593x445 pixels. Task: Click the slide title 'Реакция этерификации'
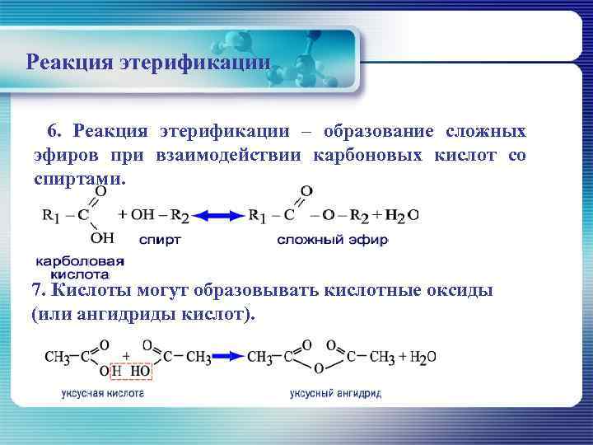[x=148, y=63]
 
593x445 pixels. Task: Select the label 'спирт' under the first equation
[x=160, y=241]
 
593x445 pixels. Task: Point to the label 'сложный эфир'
[x=331, y=241]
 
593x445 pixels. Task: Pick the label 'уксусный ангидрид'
[x=335, y=394]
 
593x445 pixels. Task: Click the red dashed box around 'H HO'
[x=129, y=371]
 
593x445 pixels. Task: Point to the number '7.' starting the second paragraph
[x=40, y=290]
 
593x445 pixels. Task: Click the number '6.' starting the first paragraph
[x=54, y=132]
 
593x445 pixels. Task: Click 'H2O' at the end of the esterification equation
[x=403, y=216]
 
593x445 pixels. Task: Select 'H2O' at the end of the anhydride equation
[x=421, y=358]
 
